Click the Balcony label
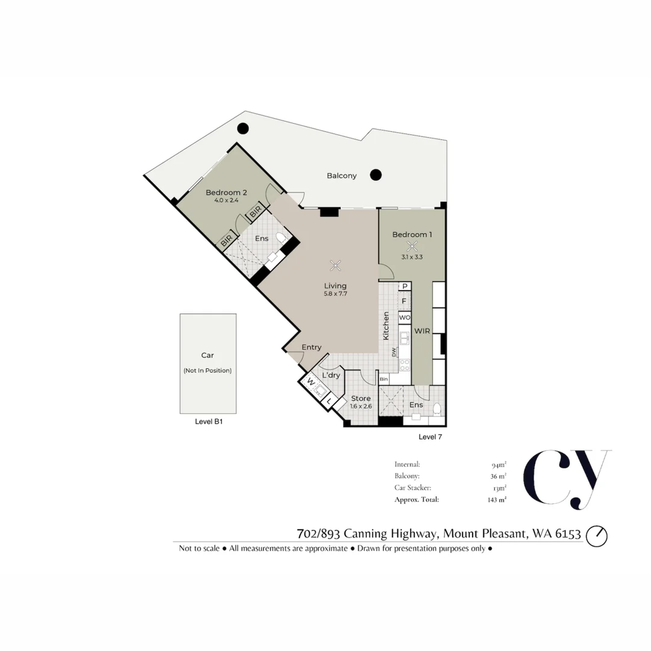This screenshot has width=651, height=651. click(x=342, y=176)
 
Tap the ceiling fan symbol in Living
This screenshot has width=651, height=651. click(x=336, y=265)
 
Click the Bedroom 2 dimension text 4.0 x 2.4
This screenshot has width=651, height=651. click(x=227, y=200)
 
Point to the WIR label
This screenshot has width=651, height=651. click(x=421, y=331)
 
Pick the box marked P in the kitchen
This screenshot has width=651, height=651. click(x=405, y=286)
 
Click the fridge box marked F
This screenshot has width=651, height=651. click(x=404, y=300)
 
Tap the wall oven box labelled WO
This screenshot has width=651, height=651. click(x=404, y=317)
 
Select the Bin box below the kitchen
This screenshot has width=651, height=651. click(x=384, y=379)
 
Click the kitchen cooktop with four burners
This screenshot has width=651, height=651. click(x=404, y=364)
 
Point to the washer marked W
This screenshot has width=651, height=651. click(x=311, y=382)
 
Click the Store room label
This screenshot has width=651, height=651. click(x=361, y=398)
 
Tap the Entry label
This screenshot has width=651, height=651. click(x=312, y=347)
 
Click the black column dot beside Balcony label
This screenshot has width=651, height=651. click(x=376, y=175)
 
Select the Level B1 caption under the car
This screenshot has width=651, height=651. click(x=209, y=422)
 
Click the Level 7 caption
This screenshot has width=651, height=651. click(x=430, y=436)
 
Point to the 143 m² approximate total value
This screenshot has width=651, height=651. click(x=497, y=500)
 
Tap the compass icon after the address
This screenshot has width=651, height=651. click(x=597, y=535)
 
